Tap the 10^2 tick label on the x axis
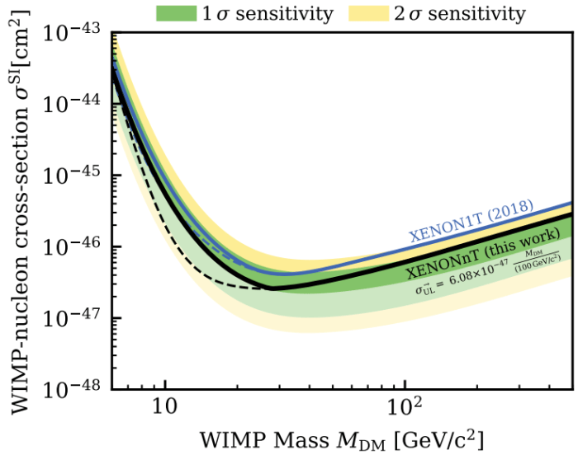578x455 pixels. (x=405, y=405)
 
